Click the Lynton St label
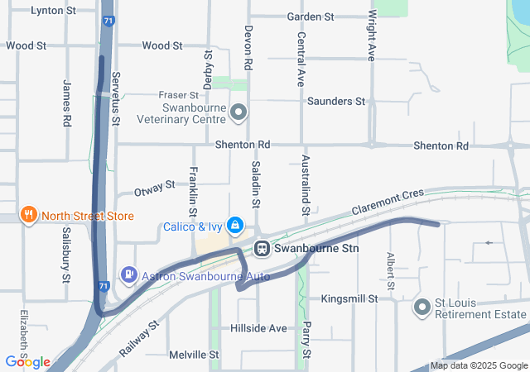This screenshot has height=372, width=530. pos(53,11)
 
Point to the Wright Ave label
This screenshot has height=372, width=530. pos(372,35)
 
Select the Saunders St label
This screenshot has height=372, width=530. pos(335,102)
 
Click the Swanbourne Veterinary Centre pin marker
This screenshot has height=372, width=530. pos(238,111)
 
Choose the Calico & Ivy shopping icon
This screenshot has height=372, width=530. pos(236,225)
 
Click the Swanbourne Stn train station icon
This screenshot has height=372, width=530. pos(262,247)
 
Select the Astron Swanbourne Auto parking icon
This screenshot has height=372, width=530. pos(129,274)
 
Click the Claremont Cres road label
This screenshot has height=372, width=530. pos(387,203)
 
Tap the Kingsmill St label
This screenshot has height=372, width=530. pos(349,298)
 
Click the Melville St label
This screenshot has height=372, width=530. pos(193,355)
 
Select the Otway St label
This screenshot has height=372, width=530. pos(154,190)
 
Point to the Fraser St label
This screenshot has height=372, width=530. pos(179,96)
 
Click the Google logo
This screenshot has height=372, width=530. pos(28,361)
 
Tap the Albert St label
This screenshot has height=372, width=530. pos(389,265)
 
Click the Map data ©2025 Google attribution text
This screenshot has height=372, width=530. pos(479,365)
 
